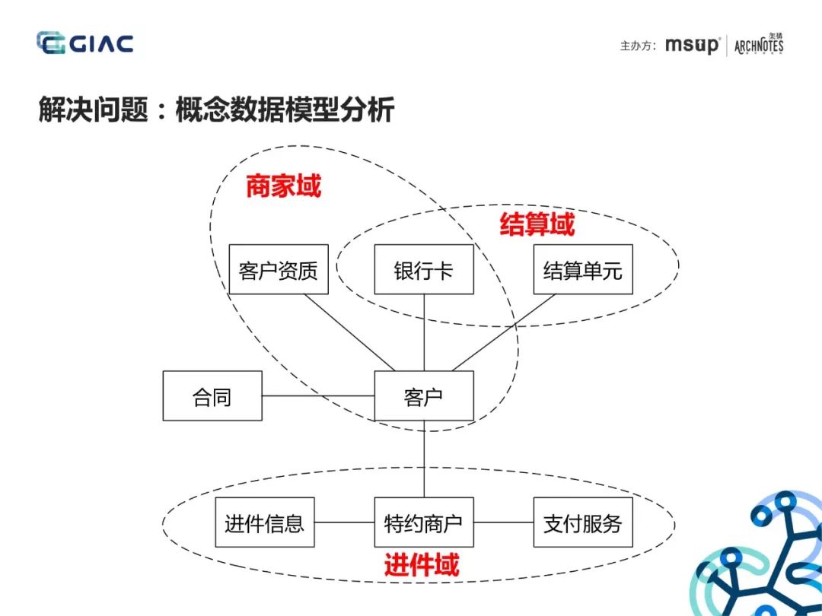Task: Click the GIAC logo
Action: [x=85, y=43]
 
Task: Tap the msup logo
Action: [x=691, y=45]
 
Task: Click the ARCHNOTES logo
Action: [x=758, y=45]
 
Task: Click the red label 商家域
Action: [x=283, y=186]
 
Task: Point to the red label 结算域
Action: [x=537, y=224]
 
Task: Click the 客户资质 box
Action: [x=278, y=269]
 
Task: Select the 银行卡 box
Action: [x=423, y=269]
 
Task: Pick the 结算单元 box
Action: [x=582, y=269]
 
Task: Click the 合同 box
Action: [x=212, y=395]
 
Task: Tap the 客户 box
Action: [x=423, y=395]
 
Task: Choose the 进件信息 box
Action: [x=264, y=522]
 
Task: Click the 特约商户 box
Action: [x=423, y=522]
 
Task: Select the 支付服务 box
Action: [x=582, y=522]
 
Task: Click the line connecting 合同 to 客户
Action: [x=318, y=395]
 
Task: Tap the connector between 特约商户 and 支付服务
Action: [x=503, y=522]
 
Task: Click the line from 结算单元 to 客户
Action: [x=504, y=332]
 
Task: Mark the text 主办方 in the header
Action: [x=636, y=46]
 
